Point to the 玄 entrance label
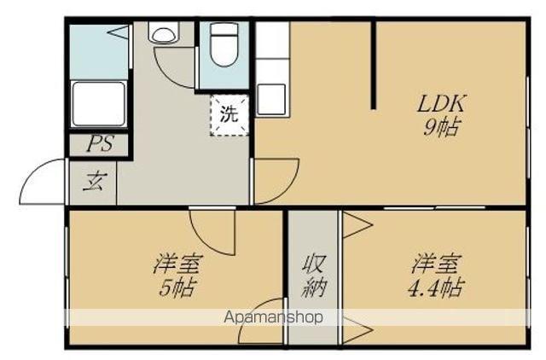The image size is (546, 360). [94, 182]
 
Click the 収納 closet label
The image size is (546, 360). [312, 275]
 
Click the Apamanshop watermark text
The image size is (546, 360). [272, 317]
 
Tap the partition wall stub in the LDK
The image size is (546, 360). [373, 64]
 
